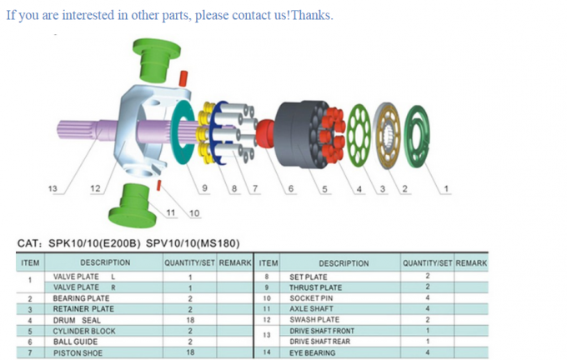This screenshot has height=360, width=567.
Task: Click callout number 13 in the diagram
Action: click(53, 188)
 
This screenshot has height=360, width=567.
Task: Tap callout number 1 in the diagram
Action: click(446, 188)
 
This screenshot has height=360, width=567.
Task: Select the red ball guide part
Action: click(266, 133)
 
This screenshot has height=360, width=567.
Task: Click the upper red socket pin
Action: click(183, 78)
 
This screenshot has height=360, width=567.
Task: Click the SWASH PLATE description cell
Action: click(314, 319)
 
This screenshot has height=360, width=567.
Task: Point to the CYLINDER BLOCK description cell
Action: click(84, 331)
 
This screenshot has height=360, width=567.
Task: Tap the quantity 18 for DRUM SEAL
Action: click(190, 320)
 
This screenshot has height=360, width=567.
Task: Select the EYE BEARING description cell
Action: click(312, 352)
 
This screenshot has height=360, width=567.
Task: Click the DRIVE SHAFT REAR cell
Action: click(319, 342)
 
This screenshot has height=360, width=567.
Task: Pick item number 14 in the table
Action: click(267, 352)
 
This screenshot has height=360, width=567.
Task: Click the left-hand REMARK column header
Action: click(235, 262)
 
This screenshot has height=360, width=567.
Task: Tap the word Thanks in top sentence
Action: click(311, 15)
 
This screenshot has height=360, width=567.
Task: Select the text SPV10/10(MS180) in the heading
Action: click(193, 243)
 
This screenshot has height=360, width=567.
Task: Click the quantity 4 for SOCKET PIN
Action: click(428, 297)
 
